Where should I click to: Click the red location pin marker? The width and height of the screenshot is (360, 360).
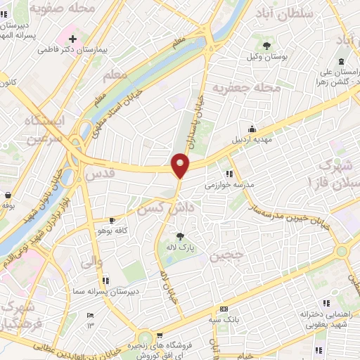pos(181,165)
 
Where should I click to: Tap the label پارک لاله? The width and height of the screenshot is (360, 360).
pos(181,248)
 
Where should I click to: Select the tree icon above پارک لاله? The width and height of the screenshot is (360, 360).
pos(181,236)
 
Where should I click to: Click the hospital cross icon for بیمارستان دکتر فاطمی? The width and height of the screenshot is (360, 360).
pos(72,36)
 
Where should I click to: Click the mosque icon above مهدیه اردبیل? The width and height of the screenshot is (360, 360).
pos(252,129)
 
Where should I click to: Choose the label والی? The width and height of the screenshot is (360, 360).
pos(92,263)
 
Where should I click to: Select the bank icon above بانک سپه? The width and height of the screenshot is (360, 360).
pos(224,309)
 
